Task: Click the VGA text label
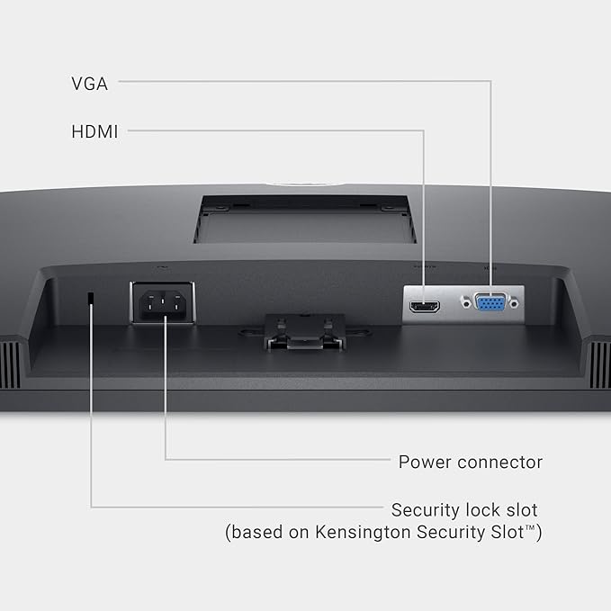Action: coord(89,84)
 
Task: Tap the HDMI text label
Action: coord(94,131)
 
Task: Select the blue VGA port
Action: coord(490,302)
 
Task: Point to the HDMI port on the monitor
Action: coord(425,306)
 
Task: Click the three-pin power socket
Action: coord(162,302)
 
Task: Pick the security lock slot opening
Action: coord(91,298)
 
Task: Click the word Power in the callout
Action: coord(425,463)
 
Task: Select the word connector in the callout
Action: coord(500,463)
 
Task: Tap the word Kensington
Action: coord(363,532)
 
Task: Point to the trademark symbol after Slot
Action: coord(530,527)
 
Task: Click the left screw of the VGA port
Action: coord(465,302)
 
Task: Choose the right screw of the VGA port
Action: coord(514,302)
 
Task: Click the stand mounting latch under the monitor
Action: coord(305,332)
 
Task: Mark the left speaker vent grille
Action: coord(10,364)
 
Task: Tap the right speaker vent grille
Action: coord(600,364)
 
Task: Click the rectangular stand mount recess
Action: coord(305,220)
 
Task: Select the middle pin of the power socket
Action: coord(162,301)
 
